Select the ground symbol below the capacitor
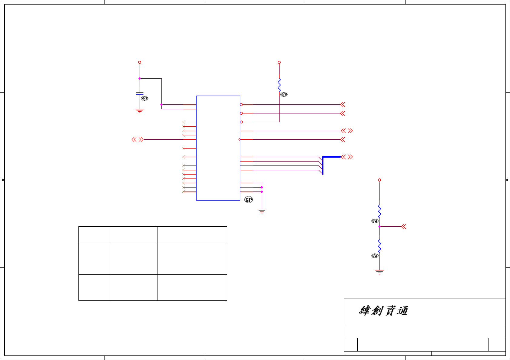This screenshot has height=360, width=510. (140, 111)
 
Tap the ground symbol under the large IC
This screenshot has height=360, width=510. (262, 211)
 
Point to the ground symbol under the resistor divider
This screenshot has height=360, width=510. (379, 272)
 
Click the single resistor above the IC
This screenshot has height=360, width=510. (279, 85)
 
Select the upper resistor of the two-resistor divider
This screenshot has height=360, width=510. (379, 211)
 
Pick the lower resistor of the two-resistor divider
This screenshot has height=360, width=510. (379, 246)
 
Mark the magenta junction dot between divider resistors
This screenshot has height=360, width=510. (379, 227)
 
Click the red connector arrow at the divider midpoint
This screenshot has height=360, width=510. (403, 227)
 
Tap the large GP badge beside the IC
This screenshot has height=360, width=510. (249, 200)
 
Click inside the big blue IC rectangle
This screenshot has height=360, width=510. (218, 148)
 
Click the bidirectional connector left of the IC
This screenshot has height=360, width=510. (137, 139)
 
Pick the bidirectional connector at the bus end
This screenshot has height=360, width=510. (347, 157)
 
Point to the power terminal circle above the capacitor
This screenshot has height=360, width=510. (140, 62)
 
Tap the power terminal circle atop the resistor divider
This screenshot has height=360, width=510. (379, 180)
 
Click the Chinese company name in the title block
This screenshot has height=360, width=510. (383, 311)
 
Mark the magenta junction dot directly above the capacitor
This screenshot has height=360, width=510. (140, 79)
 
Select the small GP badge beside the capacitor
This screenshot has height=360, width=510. (145, 98)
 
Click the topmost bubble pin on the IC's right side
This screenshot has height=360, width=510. (241, 105)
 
